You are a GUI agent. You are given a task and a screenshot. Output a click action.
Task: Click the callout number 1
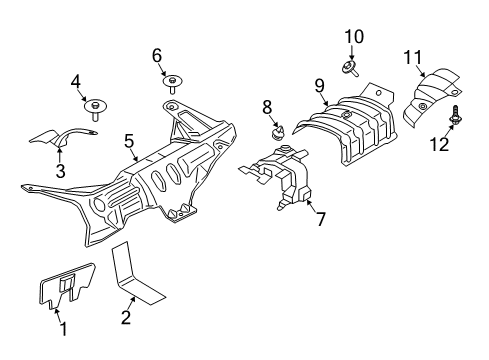coord(62,327)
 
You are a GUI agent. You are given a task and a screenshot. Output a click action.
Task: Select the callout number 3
coord(59,172)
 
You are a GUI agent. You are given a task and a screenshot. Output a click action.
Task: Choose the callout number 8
coord(267,106)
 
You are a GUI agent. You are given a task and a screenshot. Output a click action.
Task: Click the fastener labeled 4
coord(97,105)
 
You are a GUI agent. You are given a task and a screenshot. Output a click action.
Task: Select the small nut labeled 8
coord(277,129)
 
